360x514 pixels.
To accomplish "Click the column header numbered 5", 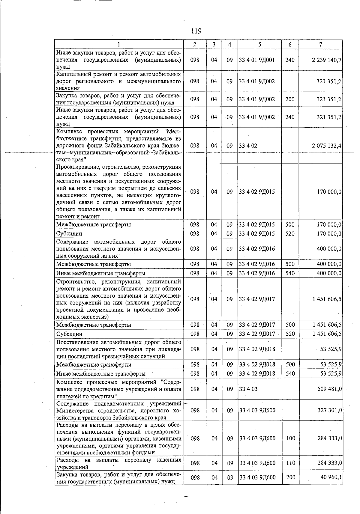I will [259, 44].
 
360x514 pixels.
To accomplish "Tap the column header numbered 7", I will [321, 44].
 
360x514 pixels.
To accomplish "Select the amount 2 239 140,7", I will [326, 60].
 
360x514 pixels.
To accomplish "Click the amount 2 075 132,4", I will [326, 146].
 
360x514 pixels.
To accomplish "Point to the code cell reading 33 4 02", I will [248, 146].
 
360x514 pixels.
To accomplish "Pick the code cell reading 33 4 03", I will [248, 389].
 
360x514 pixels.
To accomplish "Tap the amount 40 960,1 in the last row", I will [331, 477].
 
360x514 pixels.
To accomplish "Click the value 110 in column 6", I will [290, 463].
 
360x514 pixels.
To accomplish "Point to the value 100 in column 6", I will [290, 438].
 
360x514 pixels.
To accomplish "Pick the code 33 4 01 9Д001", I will [257, 60].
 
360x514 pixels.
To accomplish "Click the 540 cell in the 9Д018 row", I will [290, 373].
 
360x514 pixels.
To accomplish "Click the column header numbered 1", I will [119, 44].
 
